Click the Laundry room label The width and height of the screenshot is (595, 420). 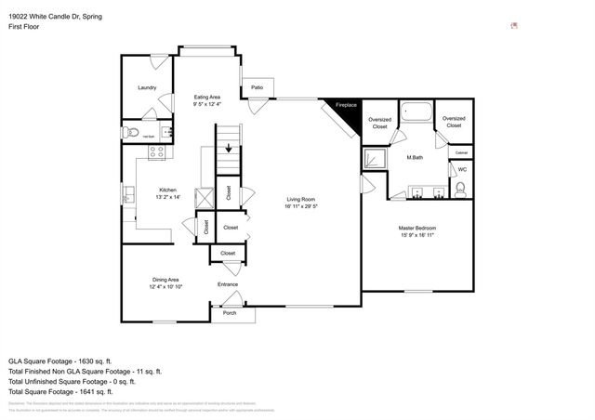pos(147,88)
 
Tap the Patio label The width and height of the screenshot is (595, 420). pos(257,88)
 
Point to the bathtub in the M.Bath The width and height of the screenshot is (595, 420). pos(416,113)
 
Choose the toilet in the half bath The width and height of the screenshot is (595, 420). pos(131,136)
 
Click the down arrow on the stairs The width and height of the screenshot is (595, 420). pos(227,150)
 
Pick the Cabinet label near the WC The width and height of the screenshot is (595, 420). pos(461,152)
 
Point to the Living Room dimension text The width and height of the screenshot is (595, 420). pos(301,207)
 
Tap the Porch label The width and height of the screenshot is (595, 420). pos(229,313)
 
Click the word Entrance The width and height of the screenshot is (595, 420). pos(228,284)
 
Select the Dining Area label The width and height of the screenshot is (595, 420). pos(165,280)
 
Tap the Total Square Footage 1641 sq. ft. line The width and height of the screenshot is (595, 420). pos(73,391)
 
